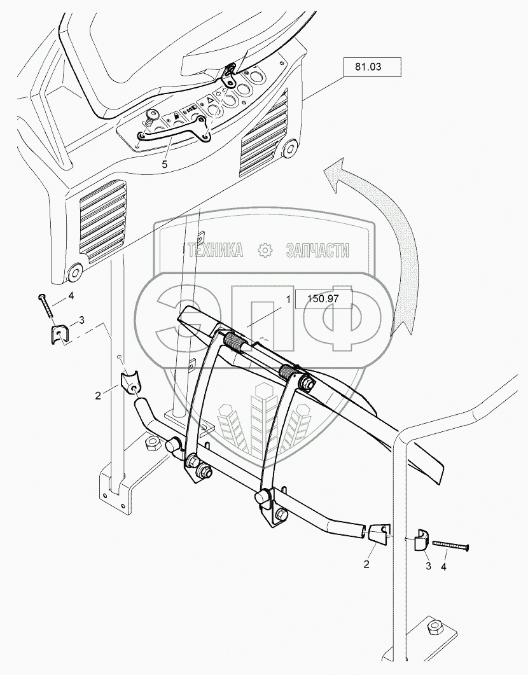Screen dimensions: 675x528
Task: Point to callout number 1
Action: click(x=288, y=298)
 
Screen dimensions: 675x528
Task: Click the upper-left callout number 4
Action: click(x=71, y=295)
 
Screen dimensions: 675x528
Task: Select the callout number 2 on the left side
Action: click(x=98, y=395)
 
